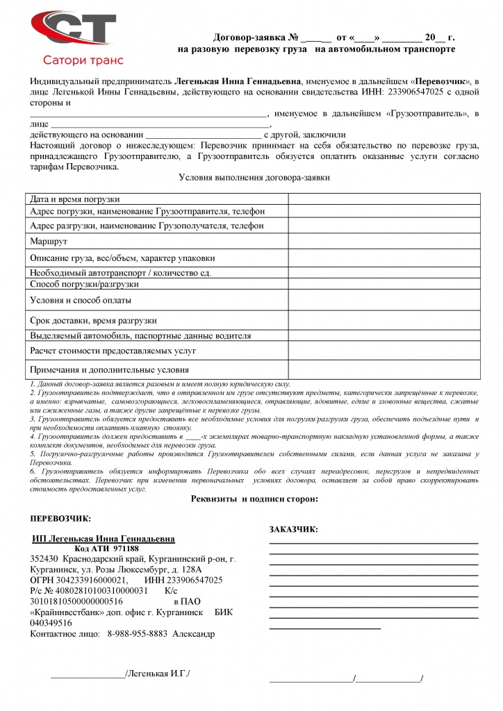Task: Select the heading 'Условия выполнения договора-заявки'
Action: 254,178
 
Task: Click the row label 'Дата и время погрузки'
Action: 75,199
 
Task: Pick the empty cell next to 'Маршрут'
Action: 384,241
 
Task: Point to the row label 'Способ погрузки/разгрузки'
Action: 85,284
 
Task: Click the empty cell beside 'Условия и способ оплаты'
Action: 384,300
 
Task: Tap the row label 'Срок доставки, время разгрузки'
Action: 94,321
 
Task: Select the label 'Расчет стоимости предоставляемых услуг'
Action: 113,351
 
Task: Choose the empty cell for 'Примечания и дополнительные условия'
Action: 384,369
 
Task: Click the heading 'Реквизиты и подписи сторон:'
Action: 254,499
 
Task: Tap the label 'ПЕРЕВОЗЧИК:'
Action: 61,519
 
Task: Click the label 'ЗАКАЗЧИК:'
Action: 293,530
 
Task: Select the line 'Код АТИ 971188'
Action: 106,549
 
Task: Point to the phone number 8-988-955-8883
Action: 137,633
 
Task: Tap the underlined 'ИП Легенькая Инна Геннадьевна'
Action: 104,539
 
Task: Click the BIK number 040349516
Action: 51,623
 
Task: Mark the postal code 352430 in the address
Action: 44,559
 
